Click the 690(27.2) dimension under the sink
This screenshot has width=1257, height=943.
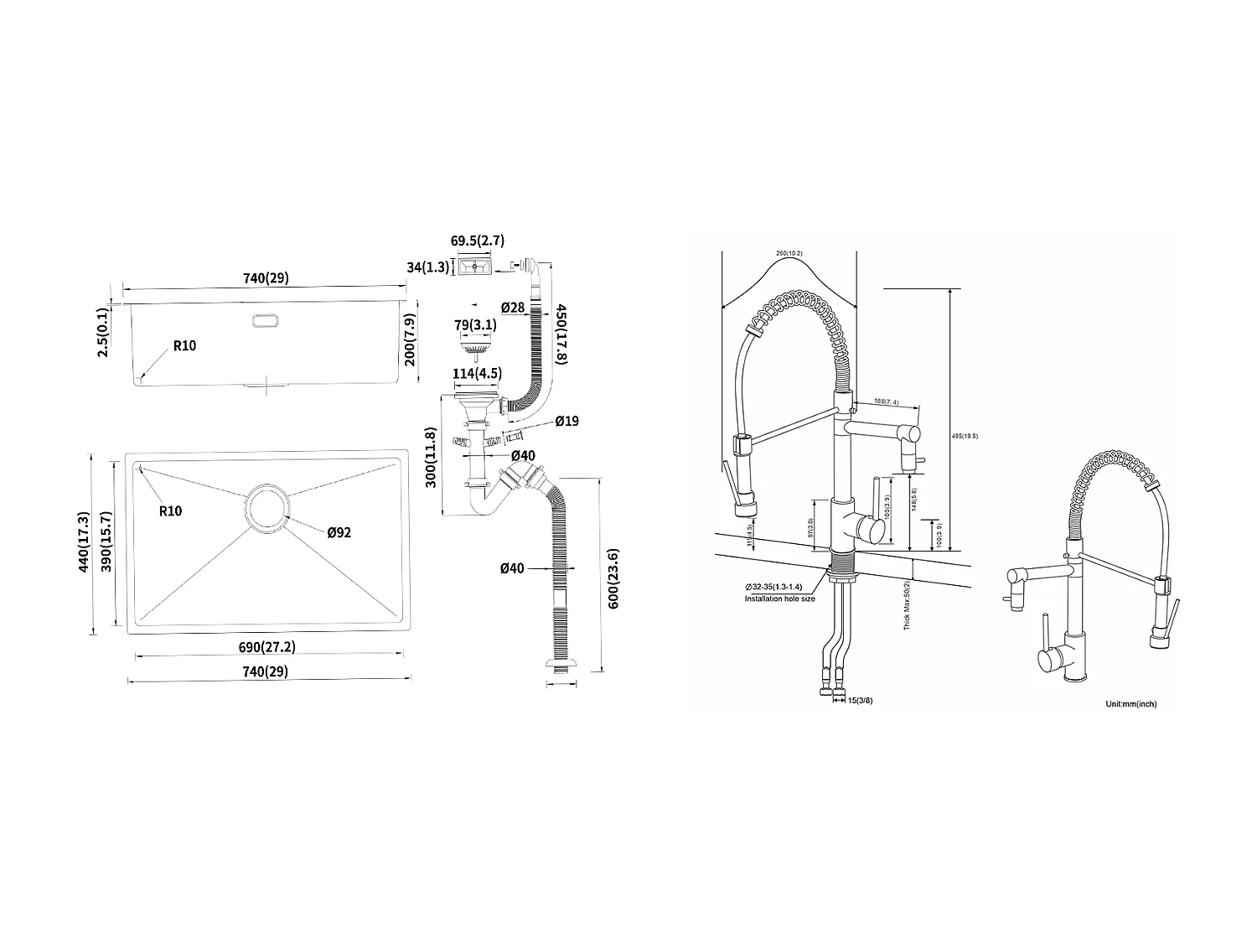pos(266,647)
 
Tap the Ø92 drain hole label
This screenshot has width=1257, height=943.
pos(339,532)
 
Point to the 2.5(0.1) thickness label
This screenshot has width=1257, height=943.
pos(103,333)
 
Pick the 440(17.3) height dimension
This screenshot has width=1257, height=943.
pos(82,543)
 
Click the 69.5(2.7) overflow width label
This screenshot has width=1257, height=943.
pos(478,241)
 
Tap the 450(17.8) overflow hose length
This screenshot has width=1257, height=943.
pos(561,333)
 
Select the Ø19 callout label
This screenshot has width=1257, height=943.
pos(566,422)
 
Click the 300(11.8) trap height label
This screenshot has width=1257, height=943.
pos(431,458)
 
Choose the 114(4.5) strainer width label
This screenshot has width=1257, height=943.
pos(478,374)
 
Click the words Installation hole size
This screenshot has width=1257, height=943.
pos(779,598)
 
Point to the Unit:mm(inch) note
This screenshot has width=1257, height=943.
pos(1130,704)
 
